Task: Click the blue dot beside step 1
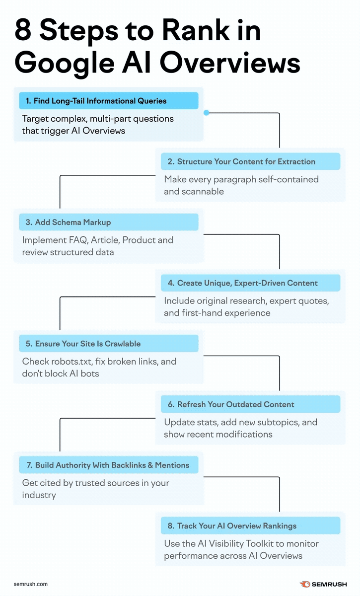(x=207, y=113)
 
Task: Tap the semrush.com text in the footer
(x=31, y=584)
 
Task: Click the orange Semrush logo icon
(x=305, y=584)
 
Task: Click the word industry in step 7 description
(x=39, y=495)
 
